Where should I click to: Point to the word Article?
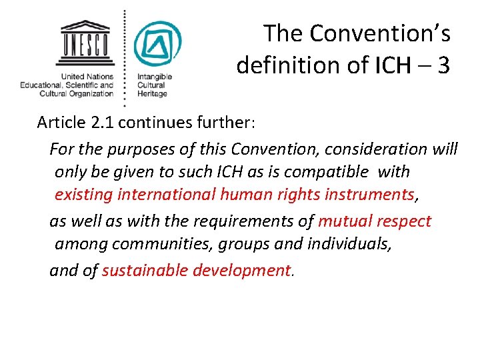click(61, 123)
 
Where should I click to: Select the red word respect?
click(405, 221)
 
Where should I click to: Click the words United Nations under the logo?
click(87, 77)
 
